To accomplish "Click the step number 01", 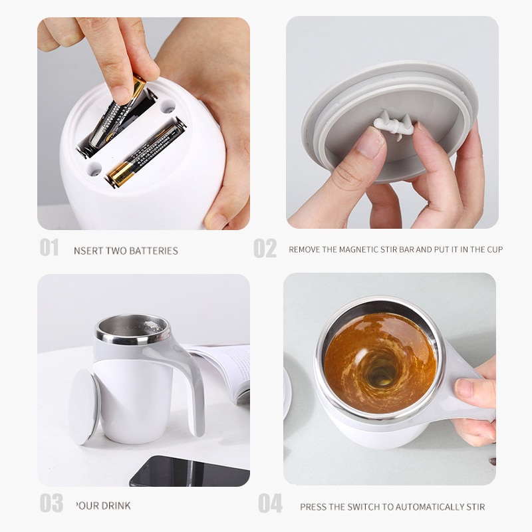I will pos(49,247).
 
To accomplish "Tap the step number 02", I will pos(265,248).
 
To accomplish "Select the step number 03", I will pos(51,503).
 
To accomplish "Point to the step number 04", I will pos(270,503).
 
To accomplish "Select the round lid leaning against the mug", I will pos(84,406).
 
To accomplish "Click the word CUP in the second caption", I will pos(494,250).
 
